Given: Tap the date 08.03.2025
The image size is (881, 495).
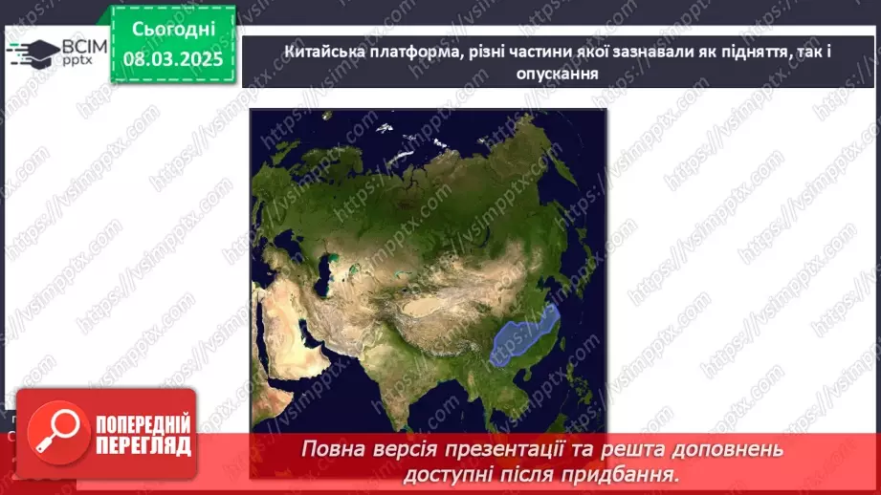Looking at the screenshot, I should tap(172, 58).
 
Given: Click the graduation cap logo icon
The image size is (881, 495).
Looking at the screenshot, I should tap(32, 53).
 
